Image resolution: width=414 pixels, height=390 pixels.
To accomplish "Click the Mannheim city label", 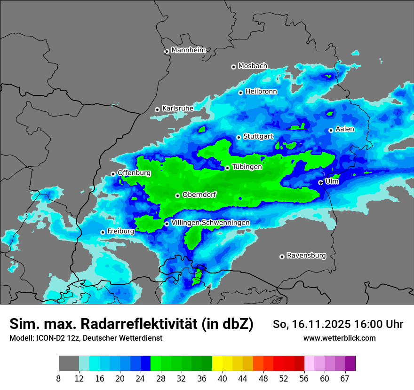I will coord(189,50).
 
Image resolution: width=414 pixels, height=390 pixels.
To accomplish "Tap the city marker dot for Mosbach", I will coord(233,67).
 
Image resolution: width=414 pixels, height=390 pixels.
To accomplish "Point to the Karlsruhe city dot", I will coord(157,109).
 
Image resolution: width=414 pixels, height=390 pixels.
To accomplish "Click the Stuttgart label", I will coord(258,136).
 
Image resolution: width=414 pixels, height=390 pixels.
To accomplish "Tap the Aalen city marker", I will coord(331,130).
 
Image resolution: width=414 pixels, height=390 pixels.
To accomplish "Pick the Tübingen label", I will coord(247,167).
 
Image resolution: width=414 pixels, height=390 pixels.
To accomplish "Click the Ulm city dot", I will coord(320,182).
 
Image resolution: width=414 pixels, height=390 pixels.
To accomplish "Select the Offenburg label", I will coord(134,173).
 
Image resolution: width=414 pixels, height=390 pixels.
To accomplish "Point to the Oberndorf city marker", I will coord(177,195).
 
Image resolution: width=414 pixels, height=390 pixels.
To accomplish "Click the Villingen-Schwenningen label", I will coord(210,223).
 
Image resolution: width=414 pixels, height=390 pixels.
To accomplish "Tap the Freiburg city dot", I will coord(103,232).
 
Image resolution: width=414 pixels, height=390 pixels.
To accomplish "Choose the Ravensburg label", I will coord(306,256).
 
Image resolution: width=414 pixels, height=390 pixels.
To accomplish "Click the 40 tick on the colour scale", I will coord(223,378).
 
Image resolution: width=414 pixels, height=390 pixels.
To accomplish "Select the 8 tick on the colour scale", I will coord(59,378).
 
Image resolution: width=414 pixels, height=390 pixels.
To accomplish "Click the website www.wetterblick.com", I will coord(339,338).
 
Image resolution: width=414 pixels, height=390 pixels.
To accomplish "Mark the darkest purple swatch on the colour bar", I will coord(350,364).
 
